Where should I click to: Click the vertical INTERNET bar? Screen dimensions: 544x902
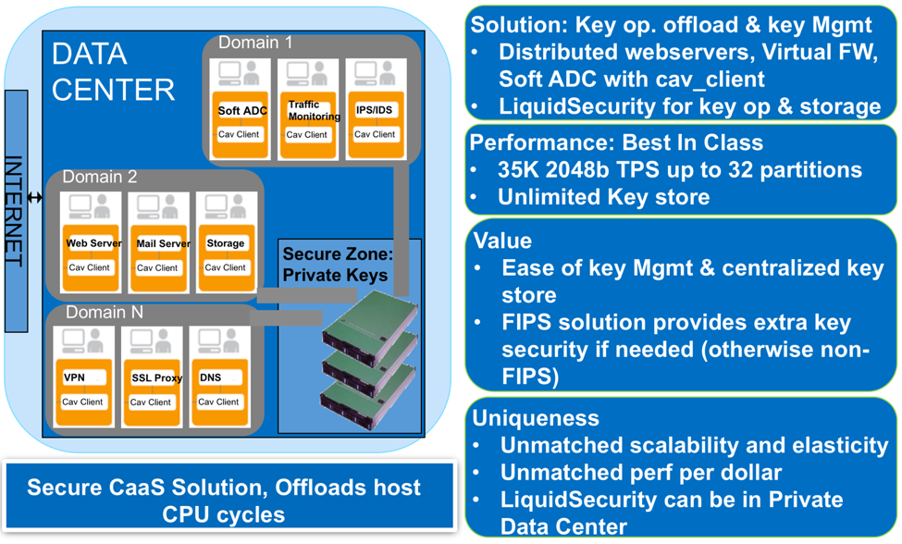[x=16, y=211]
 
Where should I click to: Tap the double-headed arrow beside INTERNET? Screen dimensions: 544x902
[x=35, y=197]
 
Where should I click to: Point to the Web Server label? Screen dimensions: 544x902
[x=93, y=243]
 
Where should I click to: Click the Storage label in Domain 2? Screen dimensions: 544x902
[x=225, y=243]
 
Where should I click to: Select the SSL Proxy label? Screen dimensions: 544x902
[x=156, y=378]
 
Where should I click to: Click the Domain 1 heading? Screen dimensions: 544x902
[x=254, y=43]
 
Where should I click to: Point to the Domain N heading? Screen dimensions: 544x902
[x=104, y=313]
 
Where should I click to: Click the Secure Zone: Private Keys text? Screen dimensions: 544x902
[x=336, y=264]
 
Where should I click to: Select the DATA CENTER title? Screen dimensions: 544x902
[x=112, y=71]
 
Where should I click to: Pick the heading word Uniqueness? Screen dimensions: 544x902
[x=536, y=417]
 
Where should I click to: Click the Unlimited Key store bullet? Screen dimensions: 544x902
[x=603, y=196]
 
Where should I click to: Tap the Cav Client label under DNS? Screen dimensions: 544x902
[x=218, y=402]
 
